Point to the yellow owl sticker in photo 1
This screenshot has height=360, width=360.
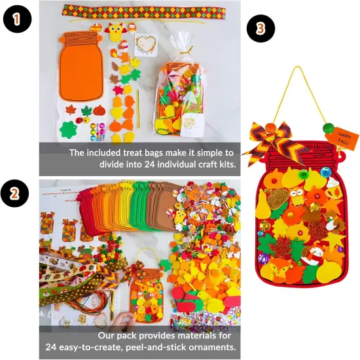tap(115, 31)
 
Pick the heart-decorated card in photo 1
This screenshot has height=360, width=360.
tap(149, 45)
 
